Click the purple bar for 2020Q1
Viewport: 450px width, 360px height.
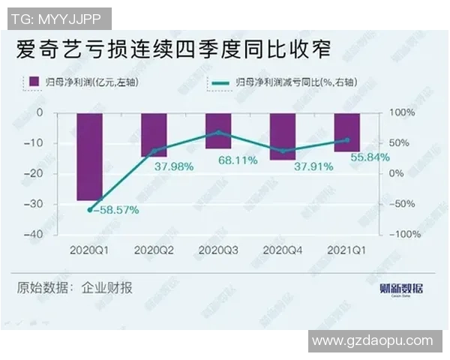tap(90, 156)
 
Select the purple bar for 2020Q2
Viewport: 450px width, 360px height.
tap(154, 134)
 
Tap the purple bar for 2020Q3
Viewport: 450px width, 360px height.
tap(218, 130)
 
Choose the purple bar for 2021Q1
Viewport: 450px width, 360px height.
tap(346, 132)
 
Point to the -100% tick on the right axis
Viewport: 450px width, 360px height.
tap(399, 234)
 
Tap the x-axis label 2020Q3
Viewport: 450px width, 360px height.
tap(218, 249)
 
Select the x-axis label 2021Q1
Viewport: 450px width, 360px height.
tap(346, 249)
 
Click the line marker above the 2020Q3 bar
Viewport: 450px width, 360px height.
tap(218, 132)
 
